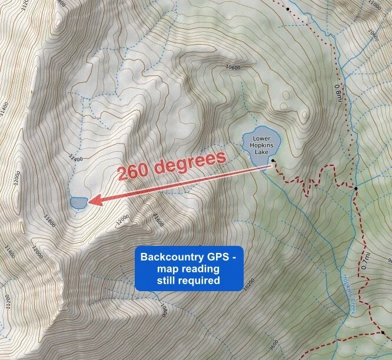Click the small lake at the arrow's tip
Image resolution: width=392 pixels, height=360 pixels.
tap(78, 202)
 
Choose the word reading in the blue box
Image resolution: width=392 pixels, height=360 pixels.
tap(203, 269)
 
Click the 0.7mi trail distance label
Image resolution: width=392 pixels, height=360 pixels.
tap(366, 261)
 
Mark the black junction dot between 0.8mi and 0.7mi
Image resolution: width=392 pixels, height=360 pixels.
tap(356, 188)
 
